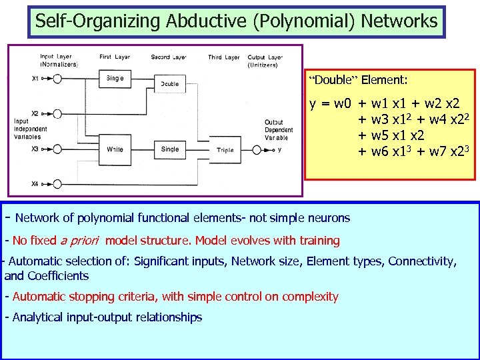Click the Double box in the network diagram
170,84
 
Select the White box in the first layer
115,149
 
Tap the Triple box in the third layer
225,150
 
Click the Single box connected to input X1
115,79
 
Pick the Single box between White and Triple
170,149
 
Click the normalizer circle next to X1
58,79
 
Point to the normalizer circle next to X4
58,183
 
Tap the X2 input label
35,113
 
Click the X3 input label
35,149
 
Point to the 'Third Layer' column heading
223,58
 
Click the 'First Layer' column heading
115,58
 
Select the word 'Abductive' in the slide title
194,21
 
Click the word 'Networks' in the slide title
399,21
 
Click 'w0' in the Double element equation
343,104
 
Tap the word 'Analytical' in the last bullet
39,317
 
